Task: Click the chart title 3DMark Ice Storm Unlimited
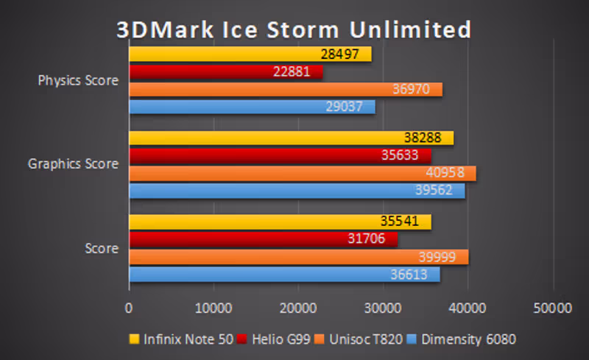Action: pos(294,29)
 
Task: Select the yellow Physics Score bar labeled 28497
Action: pos(250,54)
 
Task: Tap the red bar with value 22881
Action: pos(226,72)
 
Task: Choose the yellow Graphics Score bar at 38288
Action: pos(291,138)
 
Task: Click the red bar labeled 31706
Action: pos(263,239)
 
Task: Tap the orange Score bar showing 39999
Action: pos(298,257)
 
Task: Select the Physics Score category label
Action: pos(78,81)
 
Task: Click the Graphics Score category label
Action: pos(74,164)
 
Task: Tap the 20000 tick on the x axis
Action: pos(298,307)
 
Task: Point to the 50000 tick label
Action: pos(553,307)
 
